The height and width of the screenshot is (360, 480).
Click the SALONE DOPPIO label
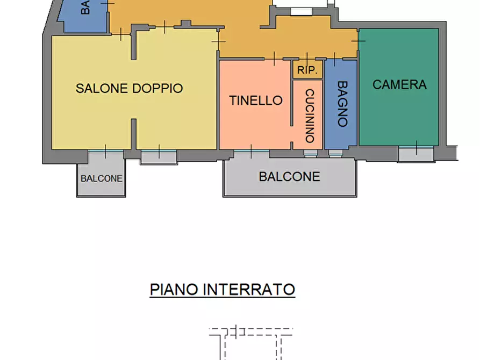129,88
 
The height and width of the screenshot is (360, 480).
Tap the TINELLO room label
255,100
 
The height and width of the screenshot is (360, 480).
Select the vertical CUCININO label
310,116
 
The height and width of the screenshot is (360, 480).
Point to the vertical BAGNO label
342,104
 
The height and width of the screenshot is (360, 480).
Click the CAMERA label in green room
399,84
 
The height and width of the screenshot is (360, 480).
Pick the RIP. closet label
307,70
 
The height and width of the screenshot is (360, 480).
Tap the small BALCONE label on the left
102,178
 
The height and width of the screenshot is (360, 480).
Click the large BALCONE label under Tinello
289,176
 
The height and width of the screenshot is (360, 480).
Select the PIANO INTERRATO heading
223,290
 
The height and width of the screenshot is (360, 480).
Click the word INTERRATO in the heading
249,290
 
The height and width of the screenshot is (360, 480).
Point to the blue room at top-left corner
86,15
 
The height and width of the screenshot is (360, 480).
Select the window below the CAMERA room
416,153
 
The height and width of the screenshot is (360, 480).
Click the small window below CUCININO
310,154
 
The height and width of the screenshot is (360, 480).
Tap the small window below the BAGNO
335,154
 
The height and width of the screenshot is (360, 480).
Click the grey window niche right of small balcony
159,156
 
